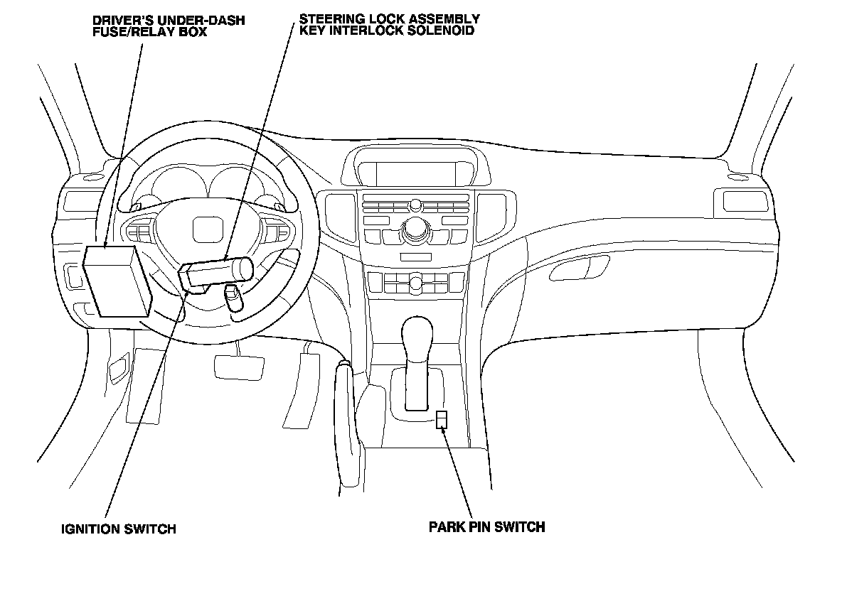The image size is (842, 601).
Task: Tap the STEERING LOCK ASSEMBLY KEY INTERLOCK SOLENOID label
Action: point(388,25)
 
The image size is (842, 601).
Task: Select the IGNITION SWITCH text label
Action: point(118,529)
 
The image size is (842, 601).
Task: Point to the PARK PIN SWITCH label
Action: point(486,526)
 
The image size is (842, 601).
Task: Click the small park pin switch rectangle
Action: point(442,419)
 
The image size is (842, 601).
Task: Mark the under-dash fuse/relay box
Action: point(117,281)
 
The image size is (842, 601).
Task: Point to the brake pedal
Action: point(239,364)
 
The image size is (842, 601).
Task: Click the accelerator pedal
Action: point(299,387)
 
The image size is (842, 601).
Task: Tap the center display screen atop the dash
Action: point(415,172)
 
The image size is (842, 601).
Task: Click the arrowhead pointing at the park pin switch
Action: point(444,429)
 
